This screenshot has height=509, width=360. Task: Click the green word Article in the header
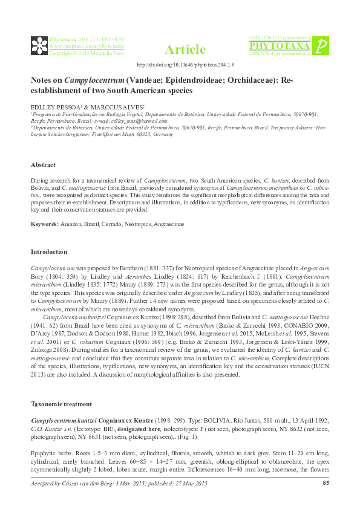185,50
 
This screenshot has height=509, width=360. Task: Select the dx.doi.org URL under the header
186,64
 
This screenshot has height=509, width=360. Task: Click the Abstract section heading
44,165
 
